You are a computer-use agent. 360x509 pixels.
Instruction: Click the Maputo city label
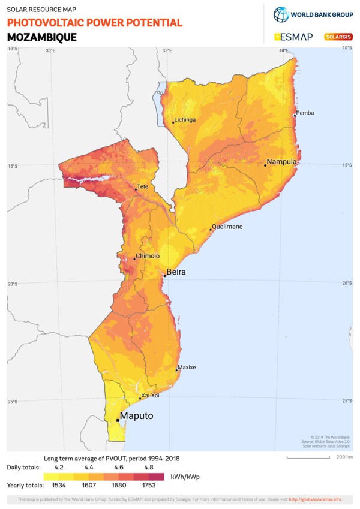point(137,416)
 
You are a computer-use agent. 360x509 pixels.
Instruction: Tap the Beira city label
point(176,272)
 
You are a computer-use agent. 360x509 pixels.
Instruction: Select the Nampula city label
point(282,162)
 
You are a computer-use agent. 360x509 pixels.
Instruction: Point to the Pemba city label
point(305,113)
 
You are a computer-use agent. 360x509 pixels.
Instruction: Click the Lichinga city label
point(185,119)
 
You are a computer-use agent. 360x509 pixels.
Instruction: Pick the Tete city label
point(143,187)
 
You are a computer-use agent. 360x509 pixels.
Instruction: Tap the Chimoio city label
point(148,256)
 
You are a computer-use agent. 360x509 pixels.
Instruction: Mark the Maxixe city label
point(187,367)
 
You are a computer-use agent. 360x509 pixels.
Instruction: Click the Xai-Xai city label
point(150,396)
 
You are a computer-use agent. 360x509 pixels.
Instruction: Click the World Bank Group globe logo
point(281,14)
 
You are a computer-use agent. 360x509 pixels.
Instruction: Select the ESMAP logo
point(293,37)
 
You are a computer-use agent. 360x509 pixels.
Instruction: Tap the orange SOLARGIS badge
point(338,37)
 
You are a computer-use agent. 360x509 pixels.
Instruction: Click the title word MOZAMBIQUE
point(42,37)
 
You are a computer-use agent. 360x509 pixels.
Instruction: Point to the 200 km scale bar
point(308,457)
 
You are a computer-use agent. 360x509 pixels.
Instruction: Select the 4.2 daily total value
point(59,466)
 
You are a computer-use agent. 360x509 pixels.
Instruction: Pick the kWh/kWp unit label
point(185,476)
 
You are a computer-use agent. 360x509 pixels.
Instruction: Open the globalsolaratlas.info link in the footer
point(315,499)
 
